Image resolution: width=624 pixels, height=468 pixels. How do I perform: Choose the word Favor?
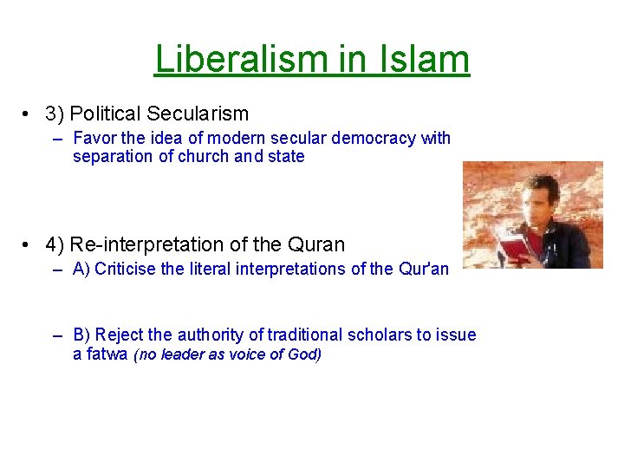(93, 138)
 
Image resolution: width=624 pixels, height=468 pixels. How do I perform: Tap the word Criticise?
(126, 269)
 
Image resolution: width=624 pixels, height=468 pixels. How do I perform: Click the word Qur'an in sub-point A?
(425, 269)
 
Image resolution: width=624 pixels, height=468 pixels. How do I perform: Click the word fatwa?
(108, 354)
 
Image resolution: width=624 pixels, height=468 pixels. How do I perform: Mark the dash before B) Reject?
(57, 335)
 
